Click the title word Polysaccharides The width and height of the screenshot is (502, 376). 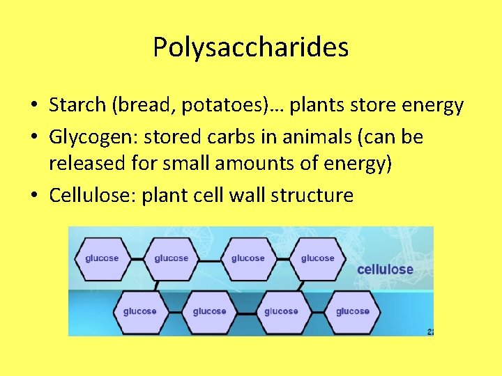click(x=251, y=47)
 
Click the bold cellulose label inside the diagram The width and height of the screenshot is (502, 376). click(x=385, y=269)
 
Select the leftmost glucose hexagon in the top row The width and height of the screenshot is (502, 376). click(x=102, y=258)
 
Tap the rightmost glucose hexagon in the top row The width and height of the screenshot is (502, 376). click(x=317, y=258)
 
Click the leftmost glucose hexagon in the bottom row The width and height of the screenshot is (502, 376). click(x=139, y=311)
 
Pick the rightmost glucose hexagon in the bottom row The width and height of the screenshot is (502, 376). click(x=353, y=311)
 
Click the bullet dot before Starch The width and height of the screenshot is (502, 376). click(x=33, y=106)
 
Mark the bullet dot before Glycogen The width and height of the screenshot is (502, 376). click(x=33, y=137)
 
